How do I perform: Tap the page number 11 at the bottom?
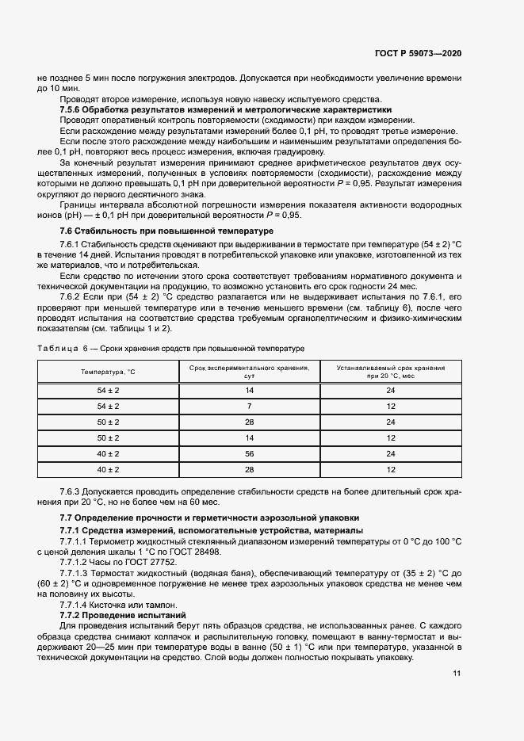click(457, 674)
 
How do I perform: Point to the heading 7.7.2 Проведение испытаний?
click(123, 614)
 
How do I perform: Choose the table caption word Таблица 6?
click(63, 349)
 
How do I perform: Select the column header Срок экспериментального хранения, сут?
click(249, 372)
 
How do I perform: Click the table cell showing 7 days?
click(249, 406)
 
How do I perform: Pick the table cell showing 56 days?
click(249, 453)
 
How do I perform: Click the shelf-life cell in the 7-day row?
click(391, 406)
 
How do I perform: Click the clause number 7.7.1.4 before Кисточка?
click(78, 604)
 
